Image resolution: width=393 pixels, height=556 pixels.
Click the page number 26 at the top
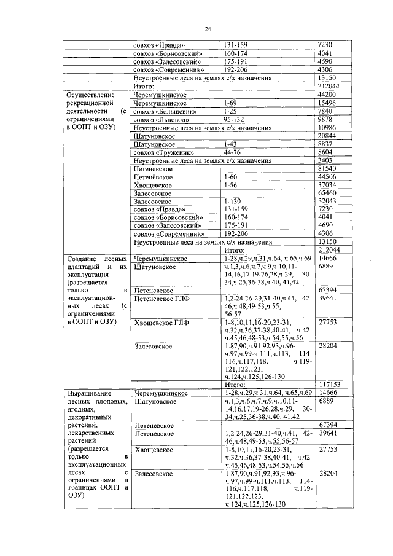[x=208, y=28]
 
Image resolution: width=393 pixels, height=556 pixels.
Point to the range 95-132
[x=235, y=120]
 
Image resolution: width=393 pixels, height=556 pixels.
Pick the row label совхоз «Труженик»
[x=161, y=152]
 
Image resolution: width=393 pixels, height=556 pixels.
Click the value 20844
[x=328, y=136]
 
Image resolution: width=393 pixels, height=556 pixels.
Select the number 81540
[x=328, y=168]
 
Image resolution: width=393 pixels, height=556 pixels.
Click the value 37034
[x=328, y=185]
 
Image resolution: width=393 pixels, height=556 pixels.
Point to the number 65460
[x=328, y=193]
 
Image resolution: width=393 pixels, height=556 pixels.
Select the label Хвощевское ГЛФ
[x=159, y=323]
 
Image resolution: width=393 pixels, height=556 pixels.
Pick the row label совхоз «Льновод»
[x=158, y=120]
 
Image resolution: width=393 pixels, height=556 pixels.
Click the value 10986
[x=328, y=128]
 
